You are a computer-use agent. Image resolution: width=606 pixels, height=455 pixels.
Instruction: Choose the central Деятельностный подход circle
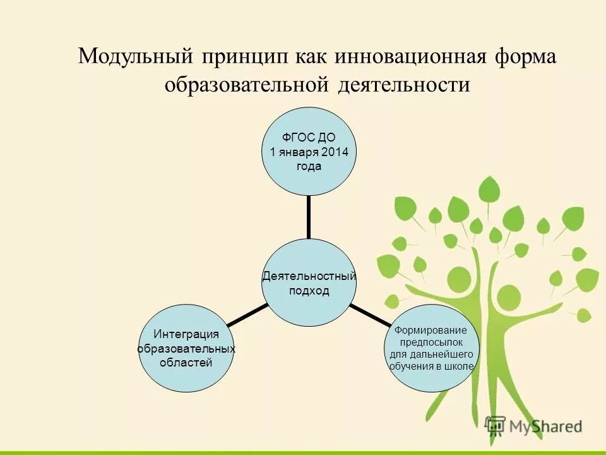click(x=309, y=282)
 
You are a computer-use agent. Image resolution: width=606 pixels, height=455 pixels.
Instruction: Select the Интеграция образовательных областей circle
click(x=186, y=348)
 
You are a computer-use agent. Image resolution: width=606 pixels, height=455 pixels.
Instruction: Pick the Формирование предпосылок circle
click(x=431, y=348)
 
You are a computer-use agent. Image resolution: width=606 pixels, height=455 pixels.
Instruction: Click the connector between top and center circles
click(x=309, y=217)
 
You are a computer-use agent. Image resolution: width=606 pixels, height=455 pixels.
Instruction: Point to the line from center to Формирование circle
click(x=370, y=314)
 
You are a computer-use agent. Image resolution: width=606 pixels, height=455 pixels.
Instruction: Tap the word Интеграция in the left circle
click(x=186, y=334)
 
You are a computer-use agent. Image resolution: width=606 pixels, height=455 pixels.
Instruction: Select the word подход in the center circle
click(x=309, y=291)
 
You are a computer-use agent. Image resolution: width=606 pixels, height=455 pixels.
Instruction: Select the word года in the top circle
click(x=309, y=166)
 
